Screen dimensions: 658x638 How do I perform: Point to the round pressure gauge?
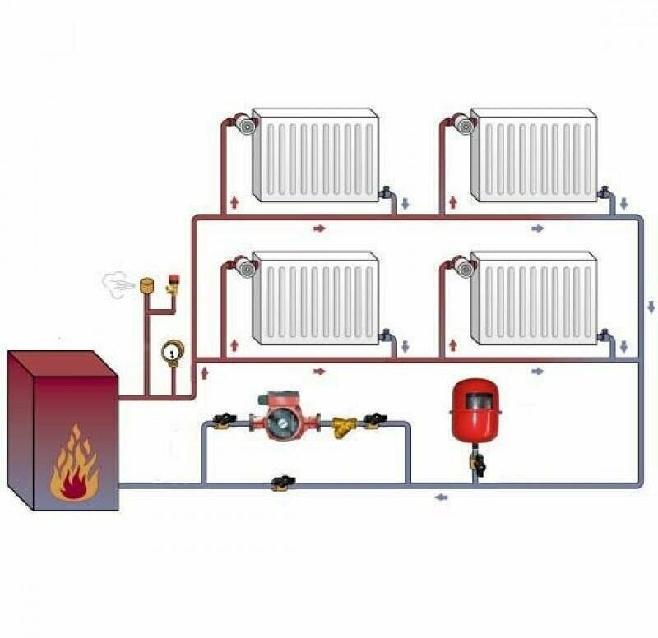click(171, 351)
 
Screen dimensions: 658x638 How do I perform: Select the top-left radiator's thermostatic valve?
click(244, 125)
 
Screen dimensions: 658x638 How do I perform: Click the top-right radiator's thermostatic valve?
click(463, 125)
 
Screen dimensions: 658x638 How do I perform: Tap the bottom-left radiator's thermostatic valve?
click(244, 267)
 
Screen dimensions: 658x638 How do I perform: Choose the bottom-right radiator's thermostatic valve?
click(463, 267)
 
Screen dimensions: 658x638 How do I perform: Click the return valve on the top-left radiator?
click(387, 194)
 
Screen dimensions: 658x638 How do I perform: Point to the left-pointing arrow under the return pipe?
click(442, 497)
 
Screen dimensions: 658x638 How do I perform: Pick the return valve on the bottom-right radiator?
click(605, 335)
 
